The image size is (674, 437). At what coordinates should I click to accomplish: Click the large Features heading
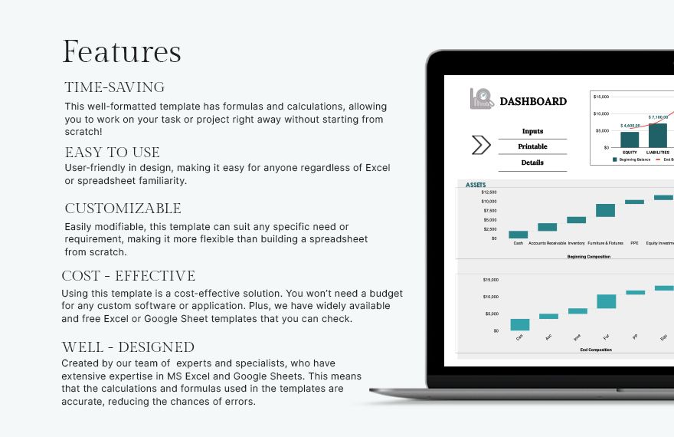pos(122,52)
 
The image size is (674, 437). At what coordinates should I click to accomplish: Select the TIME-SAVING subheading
pos(114,87)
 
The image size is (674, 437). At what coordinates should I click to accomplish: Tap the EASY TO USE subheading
pos(112,152)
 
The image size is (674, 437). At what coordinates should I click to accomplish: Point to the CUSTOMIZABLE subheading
pos(123,209)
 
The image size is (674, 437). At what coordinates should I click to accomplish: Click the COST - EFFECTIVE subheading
pos(128,276)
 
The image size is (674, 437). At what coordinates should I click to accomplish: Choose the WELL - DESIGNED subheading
pos(128,347)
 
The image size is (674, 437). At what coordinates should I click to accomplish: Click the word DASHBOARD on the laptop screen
pos(533,101)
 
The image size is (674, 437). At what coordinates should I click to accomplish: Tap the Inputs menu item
pos(532,131)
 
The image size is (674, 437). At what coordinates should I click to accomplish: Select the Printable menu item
pos(532,146)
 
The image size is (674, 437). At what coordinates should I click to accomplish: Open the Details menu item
pos(532,163)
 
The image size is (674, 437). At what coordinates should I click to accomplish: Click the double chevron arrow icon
pos(481,145)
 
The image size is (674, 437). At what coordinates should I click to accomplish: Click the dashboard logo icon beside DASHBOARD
pos(481,99)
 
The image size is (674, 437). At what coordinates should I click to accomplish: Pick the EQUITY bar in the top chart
pos(630,139)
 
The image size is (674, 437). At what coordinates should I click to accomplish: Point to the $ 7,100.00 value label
pos(658,118)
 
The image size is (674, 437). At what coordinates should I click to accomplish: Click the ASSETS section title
pos(476,185)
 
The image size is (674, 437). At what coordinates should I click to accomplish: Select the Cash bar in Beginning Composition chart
pos(519,235)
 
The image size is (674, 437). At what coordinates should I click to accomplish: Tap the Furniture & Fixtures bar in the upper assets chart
pos(606,210)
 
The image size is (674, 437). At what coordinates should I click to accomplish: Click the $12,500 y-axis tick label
pos(489,192)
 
